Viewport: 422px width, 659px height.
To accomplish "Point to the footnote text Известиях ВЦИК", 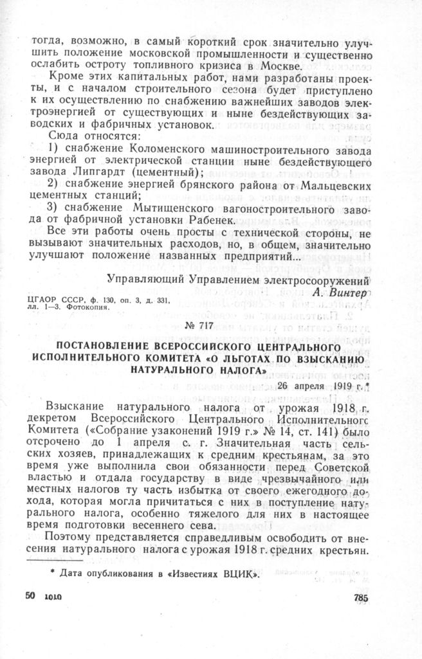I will coord(223,574).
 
